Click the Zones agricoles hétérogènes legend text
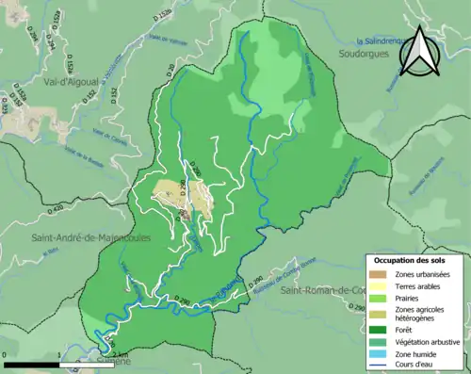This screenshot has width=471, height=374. click(420, 314)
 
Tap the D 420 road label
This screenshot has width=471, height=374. click(55, 209)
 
